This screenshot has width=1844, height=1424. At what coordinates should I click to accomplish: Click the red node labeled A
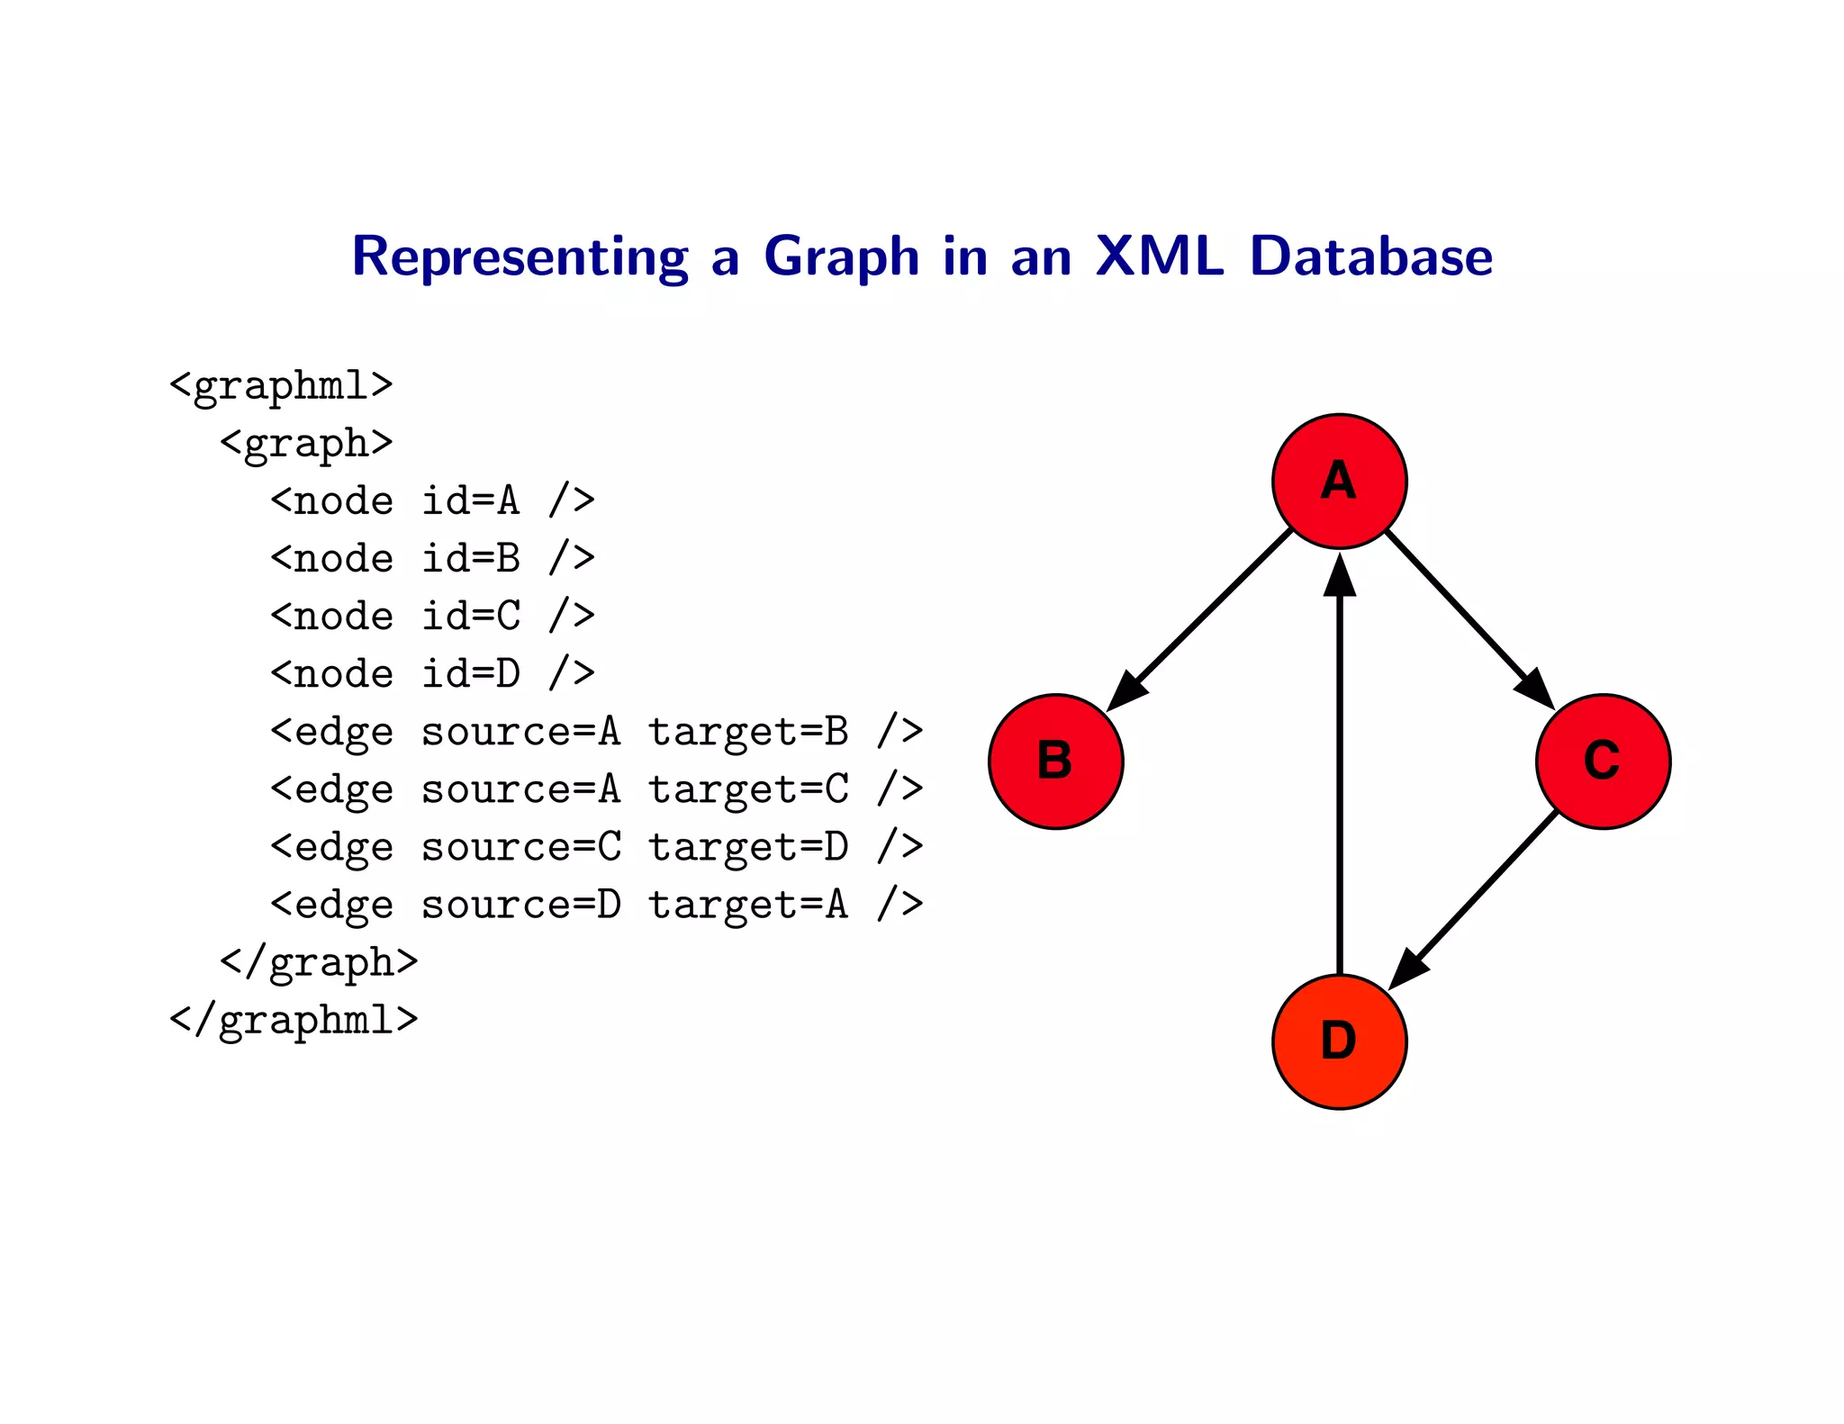point(1339,482)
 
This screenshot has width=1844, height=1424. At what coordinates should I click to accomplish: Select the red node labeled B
point(1055,762)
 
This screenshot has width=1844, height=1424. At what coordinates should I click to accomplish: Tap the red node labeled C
point(1603,762)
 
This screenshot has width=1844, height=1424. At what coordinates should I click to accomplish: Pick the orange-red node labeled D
point(1339,1041)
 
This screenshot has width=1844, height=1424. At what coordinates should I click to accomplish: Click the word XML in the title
point(1160,257)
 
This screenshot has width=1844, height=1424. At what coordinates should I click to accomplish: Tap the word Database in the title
point(1371,257)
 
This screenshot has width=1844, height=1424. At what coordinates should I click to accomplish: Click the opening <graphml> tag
point(281,386)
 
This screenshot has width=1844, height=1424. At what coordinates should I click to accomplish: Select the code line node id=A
point(432,501)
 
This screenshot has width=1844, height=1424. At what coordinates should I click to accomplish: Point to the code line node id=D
point(432,674)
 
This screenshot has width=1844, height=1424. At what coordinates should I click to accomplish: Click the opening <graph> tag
point(306,444)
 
